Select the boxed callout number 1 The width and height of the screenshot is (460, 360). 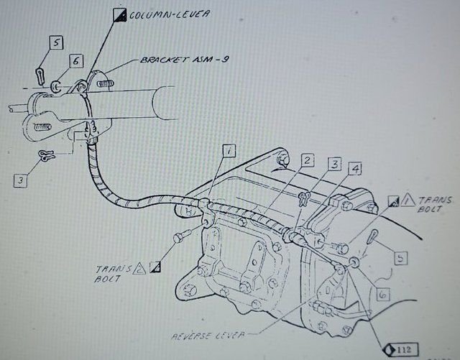[x=228, y=151]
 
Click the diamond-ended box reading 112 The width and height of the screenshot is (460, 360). [x=388, y=350]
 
